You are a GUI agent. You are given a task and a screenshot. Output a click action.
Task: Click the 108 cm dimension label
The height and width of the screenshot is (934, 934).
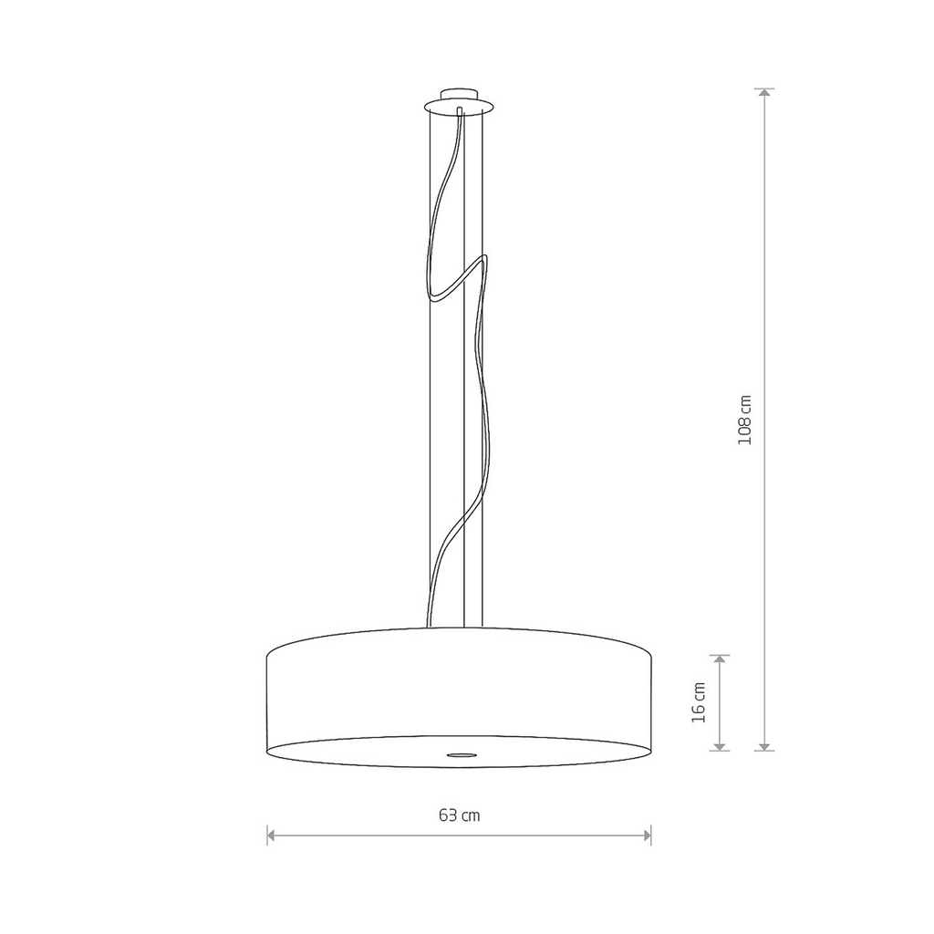click(745, 419)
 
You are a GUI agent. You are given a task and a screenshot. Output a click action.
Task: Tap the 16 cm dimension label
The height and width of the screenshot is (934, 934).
click(700, 701)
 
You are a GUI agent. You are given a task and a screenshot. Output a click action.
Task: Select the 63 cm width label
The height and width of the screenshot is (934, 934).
click(459, 815)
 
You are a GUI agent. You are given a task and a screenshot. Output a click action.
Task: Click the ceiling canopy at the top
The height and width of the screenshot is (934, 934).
click(462, 99)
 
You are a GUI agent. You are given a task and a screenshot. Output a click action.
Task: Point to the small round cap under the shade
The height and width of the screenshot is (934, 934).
click(461, 754)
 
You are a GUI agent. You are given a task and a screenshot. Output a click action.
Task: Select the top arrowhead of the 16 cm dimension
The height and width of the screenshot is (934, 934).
click(721, 659)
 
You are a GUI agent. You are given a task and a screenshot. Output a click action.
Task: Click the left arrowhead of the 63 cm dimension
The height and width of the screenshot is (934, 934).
click(272, 834)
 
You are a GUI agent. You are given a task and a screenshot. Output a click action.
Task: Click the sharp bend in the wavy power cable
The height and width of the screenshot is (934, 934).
click(483, 260)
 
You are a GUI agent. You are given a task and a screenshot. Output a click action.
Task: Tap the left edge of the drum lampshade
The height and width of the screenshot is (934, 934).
click(267, 698)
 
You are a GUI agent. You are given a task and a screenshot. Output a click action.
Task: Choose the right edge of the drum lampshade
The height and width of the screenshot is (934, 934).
click(652, 698)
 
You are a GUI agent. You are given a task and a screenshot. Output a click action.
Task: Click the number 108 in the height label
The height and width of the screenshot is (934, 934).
click(745, 430)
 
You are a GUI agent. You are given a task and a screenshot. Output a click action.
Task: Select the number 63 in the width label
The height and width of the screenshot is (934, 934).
click(448, 815)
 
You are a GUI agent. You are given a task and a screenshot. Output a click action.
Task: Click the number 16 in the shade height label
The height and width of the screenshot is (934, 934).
click(700, 712)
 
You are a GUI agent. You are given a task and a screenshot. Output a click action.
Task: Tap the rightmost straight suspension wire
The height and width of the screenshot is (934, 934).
click(493, 365)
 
